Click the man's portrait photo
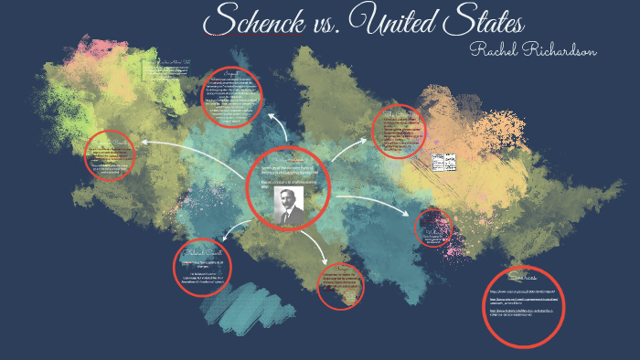click(288, 204)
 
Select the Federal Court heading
click(201, 251)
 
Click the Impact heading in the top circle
click(231, 73)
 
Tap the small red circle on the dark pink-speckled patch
click(432, 228)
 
